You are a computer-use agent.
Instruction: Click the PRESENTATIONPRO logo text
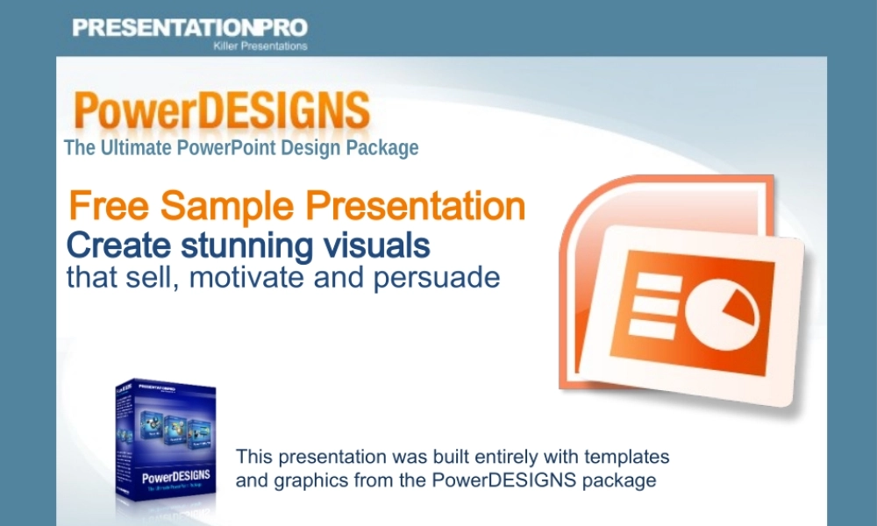(x=189, y=27)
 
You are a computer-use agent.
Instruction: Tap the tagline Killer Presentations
(x=260, y=46)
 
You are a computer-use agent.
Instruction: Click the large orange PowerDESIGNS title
(x=221, y=111)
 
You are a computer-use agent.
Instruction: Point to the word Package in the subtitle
(x=381, y=147)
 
